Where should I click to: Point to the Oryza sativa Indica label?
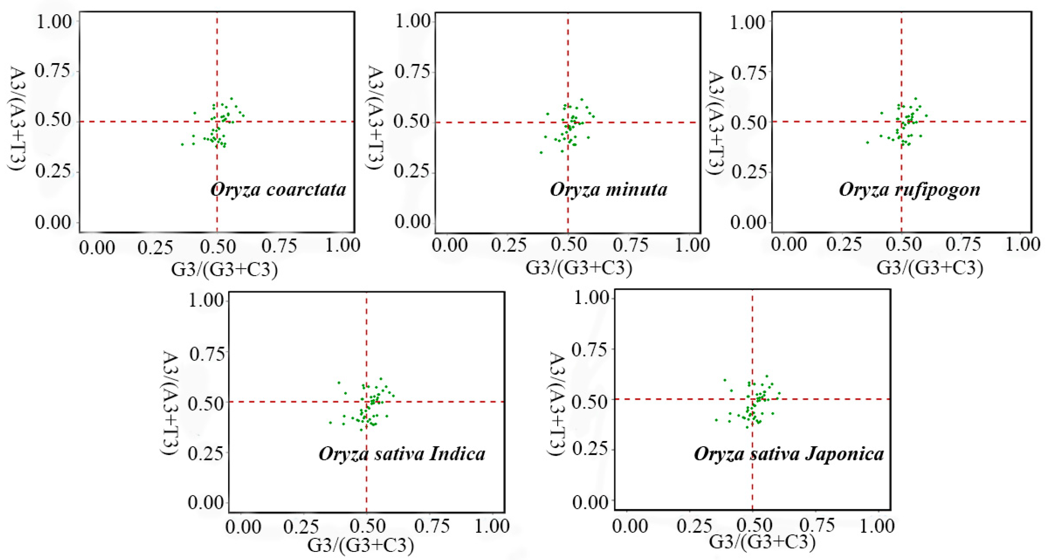(x=402, y=454)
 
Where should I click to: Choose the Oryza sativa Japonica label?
(x=789, y=454)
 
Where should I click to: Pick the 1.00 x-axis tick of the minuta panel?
(x=693, y=245)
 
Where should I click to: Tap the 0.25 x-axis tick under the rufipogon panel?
(x=844, y=244)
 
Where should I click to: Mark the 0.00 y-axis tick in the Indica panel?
(x=205, y=502)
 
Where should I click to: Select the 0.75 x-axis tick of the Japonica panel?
(x=817, y=525)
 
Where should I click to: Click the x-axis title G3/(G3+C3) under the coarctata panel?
(x=224, y=270)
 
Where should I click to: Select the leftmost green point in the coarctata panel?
(x=182, y=145)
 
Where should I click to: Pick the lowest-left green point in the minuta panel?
(x=541, y=153)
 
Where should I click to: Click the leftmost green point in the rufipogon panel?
(x=867, y=143)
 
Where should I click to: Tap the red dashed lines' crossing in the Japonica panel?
(x=752, y=399)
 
